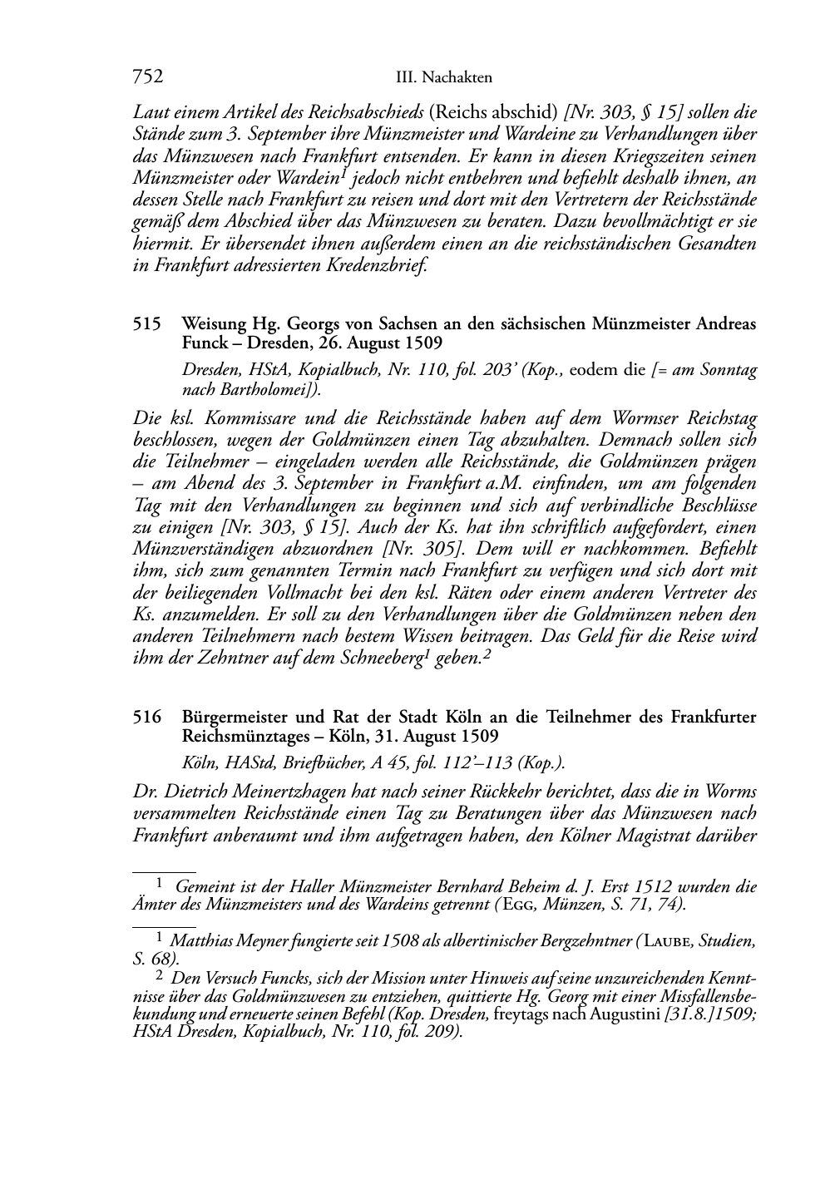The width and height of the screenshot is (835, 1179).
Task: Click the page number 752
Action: coord(147,77)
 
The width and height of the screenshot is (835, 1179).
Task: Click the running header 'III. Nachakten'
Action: coord(444,78)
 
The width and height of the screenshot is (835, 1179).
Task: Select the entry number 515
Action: coord(146,325)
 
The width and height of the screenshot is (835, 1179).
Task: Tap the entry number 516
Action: coord(146,717)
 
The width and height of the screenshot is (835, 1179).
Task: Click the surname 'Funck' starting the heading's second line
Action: coord(204,343)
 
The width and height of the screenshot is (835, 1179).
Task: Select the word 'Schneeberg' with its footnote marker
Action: coord(384,658)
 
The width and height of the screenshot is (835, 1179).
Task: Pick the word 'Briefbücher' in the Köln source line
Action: coord(307,762)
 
